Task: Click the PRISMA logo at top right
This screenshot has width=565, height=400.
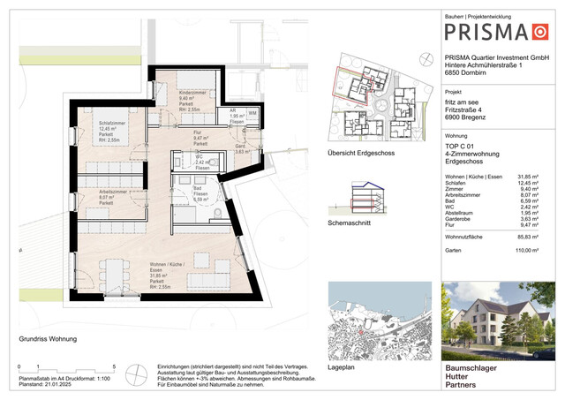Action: tap(500, 33)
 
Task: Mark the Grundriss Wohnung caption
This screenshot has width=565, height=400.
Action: tap(49, 339)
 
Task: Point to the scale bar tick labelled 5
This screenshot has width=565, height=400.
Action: tap(114, 366)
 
